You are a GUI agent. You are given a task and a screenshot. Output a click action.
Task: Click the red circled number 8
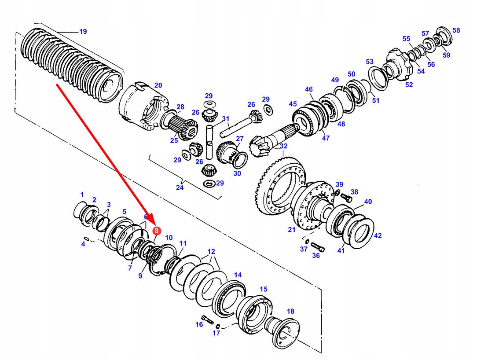point(157,231)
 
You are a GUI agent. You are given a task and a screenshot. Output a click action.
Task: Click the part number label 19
point(83,32)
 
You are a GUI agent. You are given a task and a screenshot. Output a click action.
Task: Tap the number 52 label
point(409,84)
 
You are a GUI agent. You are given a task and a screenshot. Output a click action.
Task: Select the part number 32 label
point(283,146)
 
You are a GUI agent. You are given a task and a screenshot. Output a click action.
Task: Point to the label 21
point(292,230)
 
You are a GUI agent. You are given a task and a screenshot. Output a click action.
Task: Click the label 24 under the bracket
point(180,187)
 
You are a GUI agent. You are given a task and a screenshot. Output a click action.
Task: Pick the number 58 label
point(456,30)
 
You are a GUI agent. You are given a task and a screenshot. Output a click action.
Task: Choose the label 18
point(290,311)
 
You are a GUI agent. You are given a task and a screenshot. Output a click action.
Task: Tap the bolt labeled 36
point(318,246)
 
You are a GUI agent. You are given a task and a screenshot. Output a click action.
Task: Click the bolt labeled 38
point(346,197)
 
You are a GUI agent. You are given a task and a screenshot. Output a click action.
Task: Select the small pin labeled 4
point(87,239)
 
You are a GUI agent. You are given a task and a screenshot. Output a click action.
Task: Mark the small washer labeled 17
point(218,326)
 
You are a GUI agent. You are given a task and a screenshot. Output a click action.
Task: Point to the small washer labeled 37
point(307,241)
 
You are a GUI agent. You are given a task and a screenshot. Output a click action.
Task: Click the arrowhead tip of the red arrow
point(154,224)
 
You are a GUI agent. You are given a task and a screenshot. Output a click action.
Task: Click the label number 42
point(378,236)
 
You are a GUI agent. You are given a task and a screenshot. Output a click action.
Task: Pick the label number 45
point(293,104)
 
